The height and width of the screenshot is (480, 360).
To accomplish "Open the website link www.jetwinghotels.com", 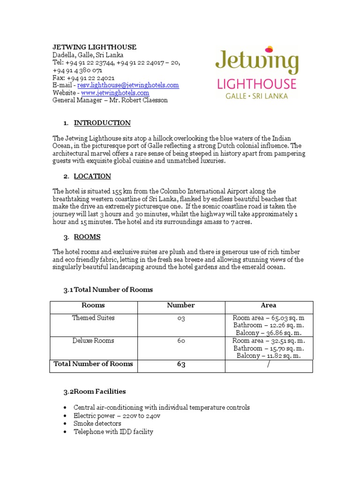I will (x=115, y=92).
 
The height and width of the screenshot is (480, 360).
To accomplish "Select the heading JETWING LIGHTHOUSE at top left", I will (x=94, y=47).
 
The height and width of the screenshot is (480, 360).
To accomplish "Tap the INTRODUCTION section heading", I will (x=102, y=123).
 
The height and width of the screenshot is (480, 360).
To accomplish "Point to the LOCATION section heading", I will (x=92, y=176).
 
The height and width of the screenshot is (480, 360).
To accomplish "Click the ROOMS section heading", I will (x=87, y=237).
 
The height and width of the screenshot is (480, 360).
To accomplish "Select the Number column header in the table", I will (x=181, y=305).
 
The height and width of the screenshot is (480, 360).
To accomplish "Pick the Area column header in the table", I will (x=269, y=305).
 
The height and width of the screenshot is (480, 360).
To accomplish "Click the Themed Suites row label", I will (x=93, y=317).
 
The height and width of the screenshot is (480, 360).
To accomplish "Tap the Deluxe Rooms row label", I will (x=93, y=340).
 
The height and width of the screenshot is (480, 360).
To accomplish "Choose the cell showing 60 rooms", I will (x=181, y=340).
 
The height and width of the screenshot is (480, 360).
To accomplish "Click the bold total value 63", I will (x=181, y=364).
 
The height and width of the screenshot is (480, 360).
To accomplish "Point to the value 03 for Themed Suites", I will (x=181, y=318).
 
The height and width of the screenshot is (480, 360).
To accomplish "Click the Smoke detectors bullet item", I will (x=97, y=423).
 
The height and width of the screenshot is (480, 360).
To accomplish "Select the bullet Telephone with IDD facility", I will (x=113, y=432).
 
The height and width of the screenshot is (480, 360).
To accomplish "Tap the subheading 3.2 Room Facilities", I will (x=94, y=391).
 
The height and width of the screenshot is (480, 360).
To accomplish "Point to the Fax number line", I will (x=83, y=77).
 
